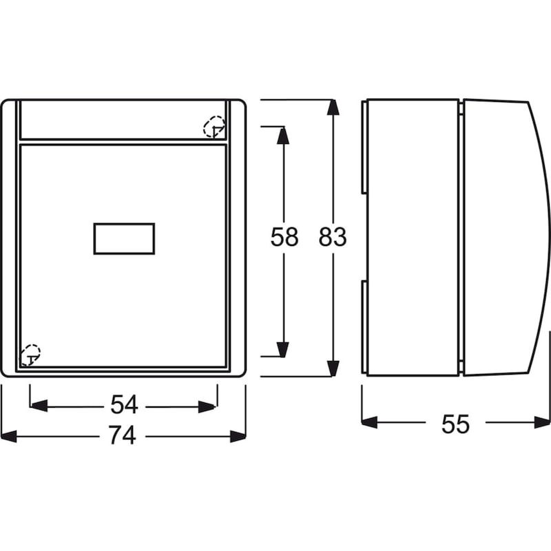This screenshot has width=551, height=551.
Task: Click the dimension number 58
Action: [284, 236]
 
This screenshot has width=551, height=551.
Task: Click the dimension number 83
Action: [333, 236]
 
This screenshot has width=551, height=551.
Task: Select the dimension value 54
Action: [124, 404]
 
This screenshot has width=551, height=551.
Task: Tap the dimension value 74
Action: [123, 435]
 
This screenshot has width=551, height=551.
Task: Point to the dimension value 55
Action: [455, 424]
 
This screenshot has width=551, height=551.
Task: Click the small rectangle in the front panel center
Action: [124, 238]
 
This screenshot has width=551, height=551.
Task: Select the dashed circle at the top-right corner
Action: [214, 127]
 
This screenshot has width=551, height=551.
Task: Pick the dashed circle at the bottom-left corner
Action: [30, 355]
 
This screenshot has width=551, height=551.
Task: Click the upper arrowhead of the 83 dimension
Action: [333, 107]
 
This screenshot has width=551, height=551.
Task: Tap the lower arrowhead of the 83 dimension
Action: [333, 368]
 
